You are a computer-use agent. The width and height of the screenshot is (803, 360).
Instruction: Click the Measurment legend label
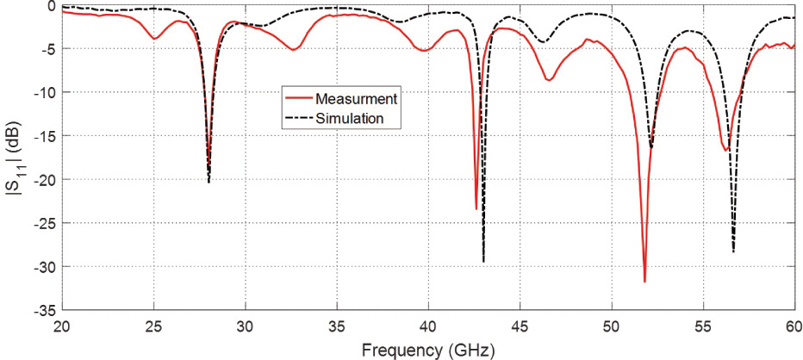pyautogui.click(x=355, y=97)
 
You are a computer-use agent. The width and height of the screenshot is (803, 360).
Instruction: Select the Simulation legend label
pyautogui.click(x=349, y=117)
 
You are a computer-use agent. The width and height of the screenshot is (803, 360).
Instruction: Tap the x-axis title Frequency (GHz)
pyautogui.click(x=428, y=350)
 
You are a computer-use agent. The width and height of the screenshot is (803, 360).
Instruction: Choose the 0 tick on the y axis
pyautogui.click(x=53, y=5)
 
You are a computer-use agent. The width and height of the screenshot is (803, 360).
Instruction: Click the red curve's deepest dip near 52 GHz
pyautogui.click(x=644, y=282)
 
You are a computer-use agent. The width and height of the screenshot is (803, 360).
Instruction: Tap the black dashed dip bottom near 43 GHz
pyautogui.click(x=483, y=262)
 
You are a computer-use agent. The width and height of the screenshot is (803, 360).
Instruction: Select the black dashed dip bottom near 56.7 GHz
pyautogui.click(x=733, y=251)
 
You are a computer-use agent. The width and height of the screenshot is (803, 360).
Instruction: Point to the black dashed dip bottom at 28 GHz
pyautogui.click(x=209, y=182)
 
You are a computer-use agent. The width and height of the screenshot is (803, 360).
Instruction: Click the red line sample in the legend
pyautogui.click(x=297, y=97)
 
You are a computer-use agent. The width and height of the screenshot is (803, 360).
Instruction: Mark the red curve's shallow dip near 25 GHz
pyautogui.click(x=153, y=39)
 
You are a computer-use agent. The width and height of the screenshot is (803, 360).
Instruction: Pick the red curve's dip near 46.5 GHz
pyautogui.click(x=548, y=80)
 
